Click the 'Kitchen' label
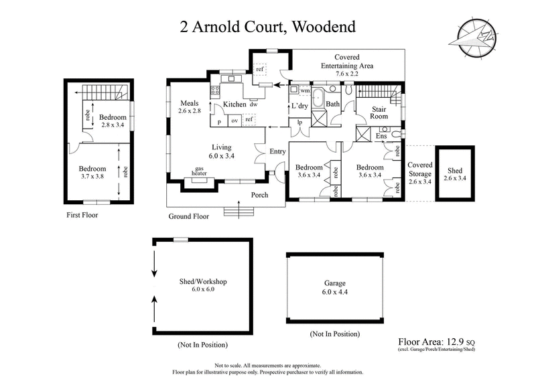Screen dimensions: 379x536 [x=234, y=104]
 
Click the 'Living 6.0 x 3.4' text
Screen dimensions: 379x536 [x=222, y=151]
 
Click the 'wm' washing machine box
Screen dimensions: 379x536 [x=304, y=90]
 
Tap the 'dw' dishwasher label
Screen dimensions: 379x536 [x=253, y=105]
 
